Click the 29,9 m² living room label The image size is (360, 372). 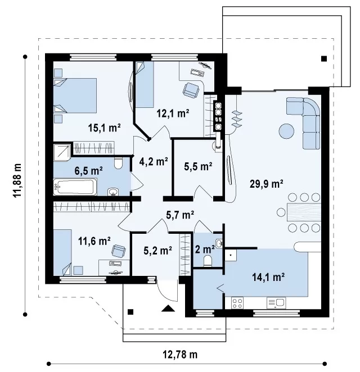[266, 184]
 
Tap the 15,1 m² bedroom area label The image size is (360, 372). [104, 128]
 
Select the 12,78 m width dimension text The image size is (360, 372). [180, 355]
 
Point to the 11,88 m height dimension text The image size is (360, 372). [17, 180]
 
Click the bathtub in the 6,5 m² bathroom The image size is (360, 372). [75, 187]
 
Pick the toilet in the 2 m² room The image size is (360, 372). [208, 261]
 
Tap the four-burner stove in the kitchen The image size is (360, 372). [237, 303]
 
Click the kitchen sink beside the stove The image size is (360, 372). [276, 303]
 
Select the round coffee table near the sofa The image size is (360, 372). [286, 131]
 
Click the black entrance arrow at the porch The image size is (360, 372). [168, 308]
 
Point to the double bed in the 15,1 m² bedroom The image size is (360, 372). [75, 96]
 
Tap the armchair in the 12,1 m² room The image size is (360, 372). [191, 90]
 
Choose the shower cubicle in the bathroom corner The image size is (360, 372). [62, 152]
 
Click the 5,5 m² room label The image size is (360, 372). [198, 166]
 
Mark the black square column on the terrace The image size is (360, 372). [324, 58]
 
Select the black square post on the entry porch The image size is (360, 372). [130, 312]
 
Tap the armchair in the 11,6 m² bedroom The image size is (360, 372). [119, 251]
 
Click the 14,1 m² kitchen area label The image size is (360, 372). [268, 277]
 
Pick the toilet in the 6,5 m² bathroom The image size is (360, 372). [118, 163]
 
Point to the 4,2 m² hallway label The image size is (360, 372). [154, 162]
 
